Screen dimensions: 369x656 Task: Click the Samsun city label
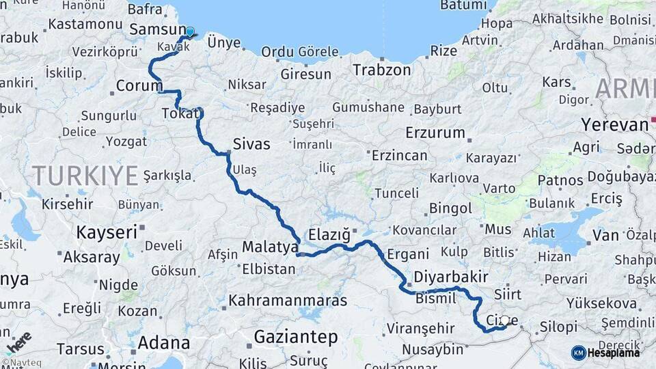point(156,29)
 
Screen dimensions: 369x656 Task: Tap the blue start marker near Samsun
point(190,31)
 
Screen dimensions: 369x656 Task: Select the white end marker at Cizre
point(505,320)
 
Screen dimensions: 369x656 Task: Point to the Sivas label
point(251,144)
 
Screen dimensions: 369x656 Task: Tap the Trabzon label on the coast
point(382,70)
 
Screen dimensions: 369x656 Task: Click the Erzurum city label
point(435,133)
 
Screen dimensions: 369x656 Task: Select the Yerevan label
point(614,125)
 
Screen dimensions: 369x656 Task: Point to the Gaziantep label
point(296,336)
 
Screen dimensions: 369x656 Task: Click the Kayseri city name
point(107,232)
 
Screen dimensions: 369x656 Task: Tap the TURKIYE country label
point(85,176)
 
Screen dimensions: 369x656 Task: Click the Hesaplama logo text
point(615,353)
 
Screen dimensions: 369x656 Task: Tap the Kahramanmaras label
point(288,300)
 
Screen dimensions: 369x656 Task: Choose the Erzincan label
point(399,155)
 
